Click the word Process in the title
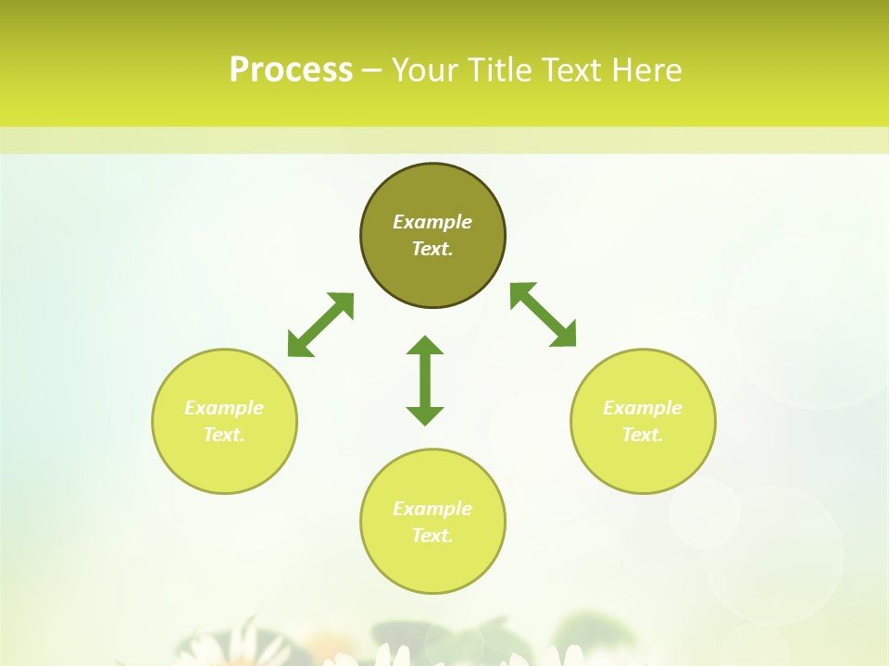(291, 70)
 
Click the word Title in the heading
(498, 70)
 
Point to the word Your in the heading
(426, 70)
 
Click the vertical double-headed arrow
(425, 380)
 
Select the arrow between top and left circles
(320, 325)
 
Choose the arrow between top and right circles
(544, 314)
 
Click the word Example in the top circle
(432, 222)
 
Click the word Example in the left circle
(224, 408)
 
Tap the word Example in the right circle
(643, 408)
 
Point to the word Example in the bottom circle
(432, 509)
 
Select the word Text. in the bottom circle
(432, 536)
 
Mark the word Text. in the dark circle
(432, 249)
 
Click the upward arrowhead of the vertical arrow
(425, 345)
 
